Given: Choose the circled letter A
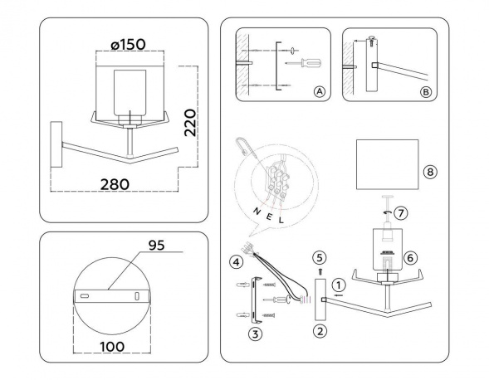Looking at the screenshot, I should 319,91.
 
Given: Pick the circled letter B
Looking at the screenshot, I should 425,91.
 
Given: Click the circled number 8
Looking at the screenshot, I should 428,173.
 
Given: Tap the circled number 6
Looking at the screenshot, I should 410,256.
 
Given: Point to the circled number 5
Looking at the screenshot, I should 319,256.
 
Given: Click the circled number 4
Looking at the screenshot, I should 237,263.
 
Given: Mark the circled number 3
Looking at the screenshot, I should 256,333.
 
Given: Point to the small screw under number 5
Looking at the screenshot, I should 319,270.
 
